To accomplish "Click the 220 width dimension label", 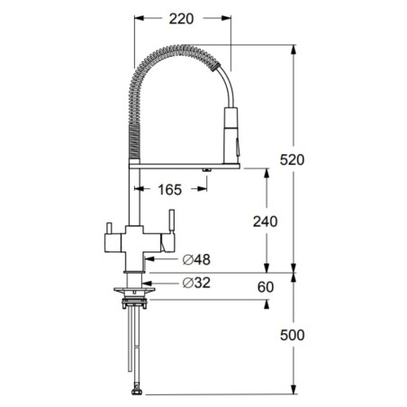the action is coord(181,19).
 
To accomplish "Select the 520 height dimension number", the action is coord(292,159).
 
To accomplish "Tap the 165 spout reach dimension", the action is coord(170,190).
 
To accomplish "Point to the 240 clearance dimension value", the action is coord(266,222).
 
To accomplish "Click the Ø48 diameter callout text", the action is coord(196,259).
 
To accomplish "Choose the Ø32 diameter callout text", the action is coord(196,283).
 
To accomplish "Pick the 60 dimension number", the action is coord(266,287).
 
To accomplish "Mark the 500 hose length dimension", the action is coord(292,335).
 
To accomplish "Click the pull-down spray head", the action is coord(231,136).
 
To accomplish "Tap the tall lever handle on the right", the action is coord(172,221).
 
